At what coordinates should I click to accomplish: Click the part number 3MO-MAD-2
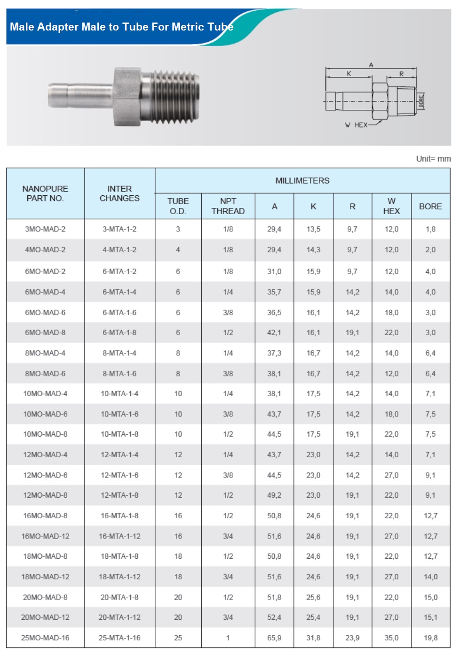[45, 229]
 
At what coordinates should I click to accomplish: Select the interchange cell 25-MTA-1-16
[119, 638]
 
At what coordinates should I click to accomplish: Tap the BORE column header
[430, 206]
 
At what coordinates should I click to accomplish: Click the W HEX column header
[391, 206]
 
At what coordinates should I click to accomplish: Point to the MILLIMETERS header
[302, 181]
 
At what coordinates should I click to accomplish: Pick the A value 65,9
[274, 638]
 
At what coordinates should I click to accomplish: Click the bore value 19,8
[430, 638]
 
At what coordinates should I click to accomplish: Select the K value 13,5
[313, 229]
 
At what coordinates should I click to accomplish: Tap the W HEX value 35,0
[391, 638]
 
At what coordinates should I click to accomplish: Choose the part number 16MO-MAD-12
[45, 536]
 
